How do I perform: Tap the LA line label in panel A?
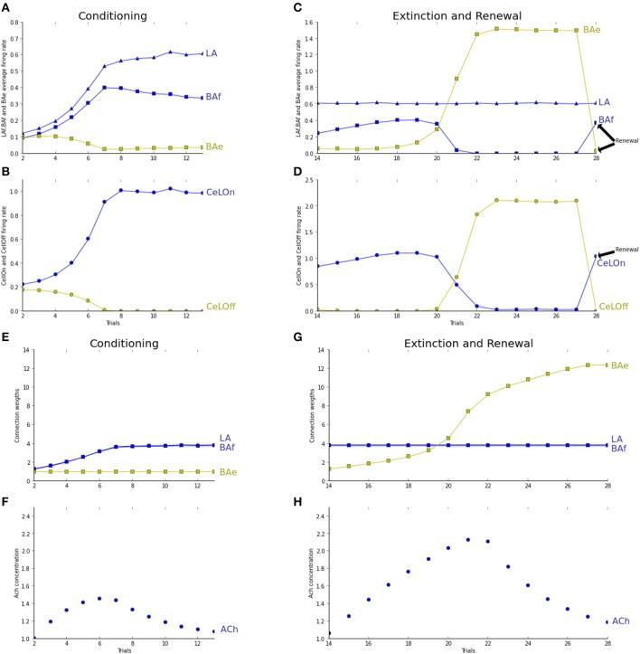coord(211,54)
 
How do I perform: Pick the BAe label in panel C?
coord(618,30)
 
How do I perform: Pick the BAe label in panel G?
coord(620,365)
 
